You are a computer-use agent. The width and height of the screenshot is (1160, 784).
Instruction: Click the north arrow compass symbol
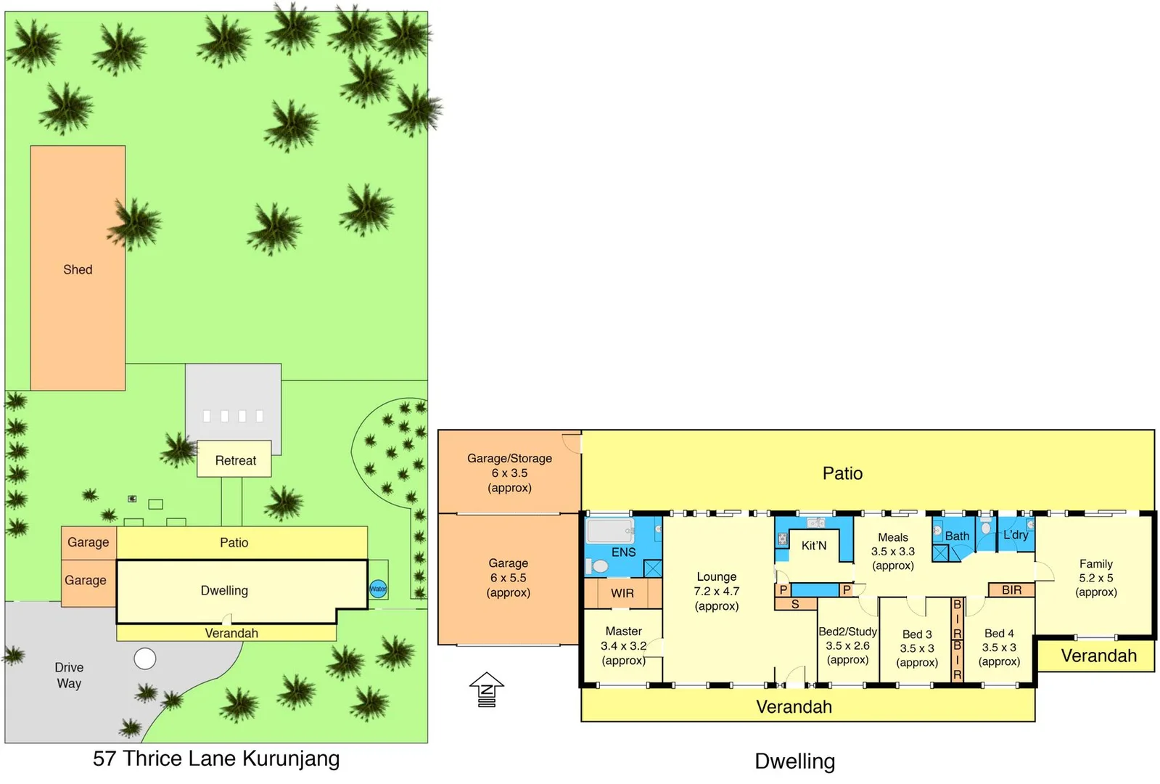point(487,689)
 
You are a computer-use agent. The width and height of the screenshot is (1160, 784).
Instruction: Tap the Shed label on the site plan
point(78,269)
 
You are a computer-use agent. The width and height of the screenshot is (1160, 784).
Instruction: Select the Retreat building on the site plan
point(234,460)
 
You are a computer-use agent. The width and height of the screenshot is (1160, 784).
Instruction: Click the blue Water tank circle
point(378,589)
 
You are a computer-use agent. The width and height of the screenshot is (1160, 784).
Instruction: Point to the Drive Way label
point(69,675)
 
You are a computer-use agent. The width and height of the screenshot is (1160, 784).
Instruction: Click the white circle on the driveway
point(145,658)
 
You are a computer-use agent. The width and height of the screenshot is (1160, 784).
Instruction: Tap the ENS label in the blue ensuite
point(623,552)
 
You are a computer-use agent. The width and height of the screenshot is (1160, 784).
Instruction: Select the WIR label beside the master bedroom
point(622,593)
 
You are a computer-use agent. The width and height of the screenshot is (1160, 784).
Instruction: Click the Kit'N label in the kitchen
point(813,545)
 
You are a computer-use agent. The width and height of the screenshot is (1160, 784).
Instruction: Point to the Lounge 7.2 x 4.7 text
point(716,591)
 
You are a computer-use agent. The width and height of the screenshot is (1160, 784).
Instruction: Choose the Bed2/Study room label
point(847,645)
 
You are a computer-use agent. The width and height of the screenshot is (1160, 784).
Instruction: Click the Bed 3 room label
point(917,648)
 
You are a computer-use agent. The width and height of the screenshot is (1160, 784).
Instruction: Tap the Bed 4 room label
point(999,647)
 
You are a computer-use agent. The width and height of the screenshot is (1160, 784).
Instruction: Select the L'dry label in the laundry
point(1015,534)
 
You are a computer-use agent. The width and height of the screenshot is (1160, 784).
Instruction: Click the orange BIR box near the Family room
point(1011,590)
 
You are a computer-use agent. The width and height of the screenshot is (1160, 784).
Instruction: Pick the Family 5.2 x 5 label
point(1095,578)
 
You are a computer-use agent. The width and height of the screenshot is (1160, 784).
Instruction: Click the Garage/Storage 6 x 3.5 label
point(509,473)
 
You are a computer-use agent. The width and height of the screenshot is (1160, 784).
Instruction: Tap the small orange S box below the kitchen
point(795,604)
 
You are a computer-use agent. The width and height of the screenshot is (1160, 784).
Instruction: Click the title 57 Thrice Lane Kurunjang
point(216,759)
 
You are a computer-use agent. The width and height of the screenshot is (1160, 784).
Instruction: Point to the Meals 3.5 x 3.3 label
point(893,551)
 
